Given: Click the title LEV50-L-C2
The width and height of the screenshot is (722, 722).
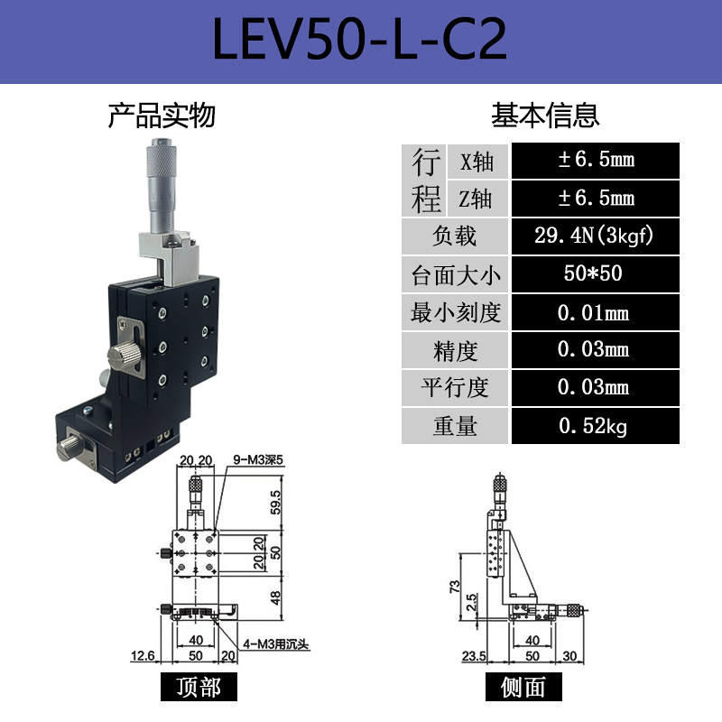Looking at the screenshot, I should click(x=360, y=38).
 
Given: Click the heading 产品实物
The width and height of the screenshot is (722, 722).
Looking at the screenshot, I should click(x=162, y=116).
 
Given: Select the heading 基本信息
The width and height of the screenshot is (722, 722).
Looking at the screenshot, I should click(x=545, y=116).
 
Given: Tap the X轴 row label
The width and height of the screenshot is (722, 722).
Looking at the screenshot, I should click(x=477, y=162).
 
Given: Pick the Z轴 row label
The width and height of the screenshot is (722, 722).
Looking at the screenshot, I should click(x=477, y=199).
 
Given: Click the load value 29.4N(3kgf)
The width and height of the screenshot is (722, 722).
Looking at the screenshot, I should click(x=594, y=236).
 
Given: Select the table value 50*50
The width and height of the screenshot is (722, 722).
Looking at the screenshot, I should click(x=594, y=274).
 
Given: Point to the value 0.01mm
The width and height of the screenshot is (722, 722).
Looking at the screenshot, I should click(x=594, y=313).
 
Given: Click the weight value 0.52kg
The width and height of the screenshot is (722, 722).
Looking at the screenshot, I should click(x=594, y=426).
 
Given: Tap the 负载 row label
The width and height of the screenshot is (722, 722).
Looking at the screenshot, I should click(x=455, y=236).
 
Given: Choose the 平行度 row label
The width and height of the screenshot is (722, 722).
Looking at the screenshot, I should click(x=455, y=388).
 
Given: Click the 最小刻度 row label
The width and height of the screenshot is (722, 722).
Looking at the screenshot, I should click(x=455, y=313).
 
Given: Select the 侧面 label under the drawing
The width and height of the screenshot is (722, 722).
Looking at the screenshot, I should click(x=523, y=688).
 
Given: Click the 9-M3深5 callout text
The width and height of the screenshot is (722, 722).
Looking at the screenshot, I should click(x=259, y=458).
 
